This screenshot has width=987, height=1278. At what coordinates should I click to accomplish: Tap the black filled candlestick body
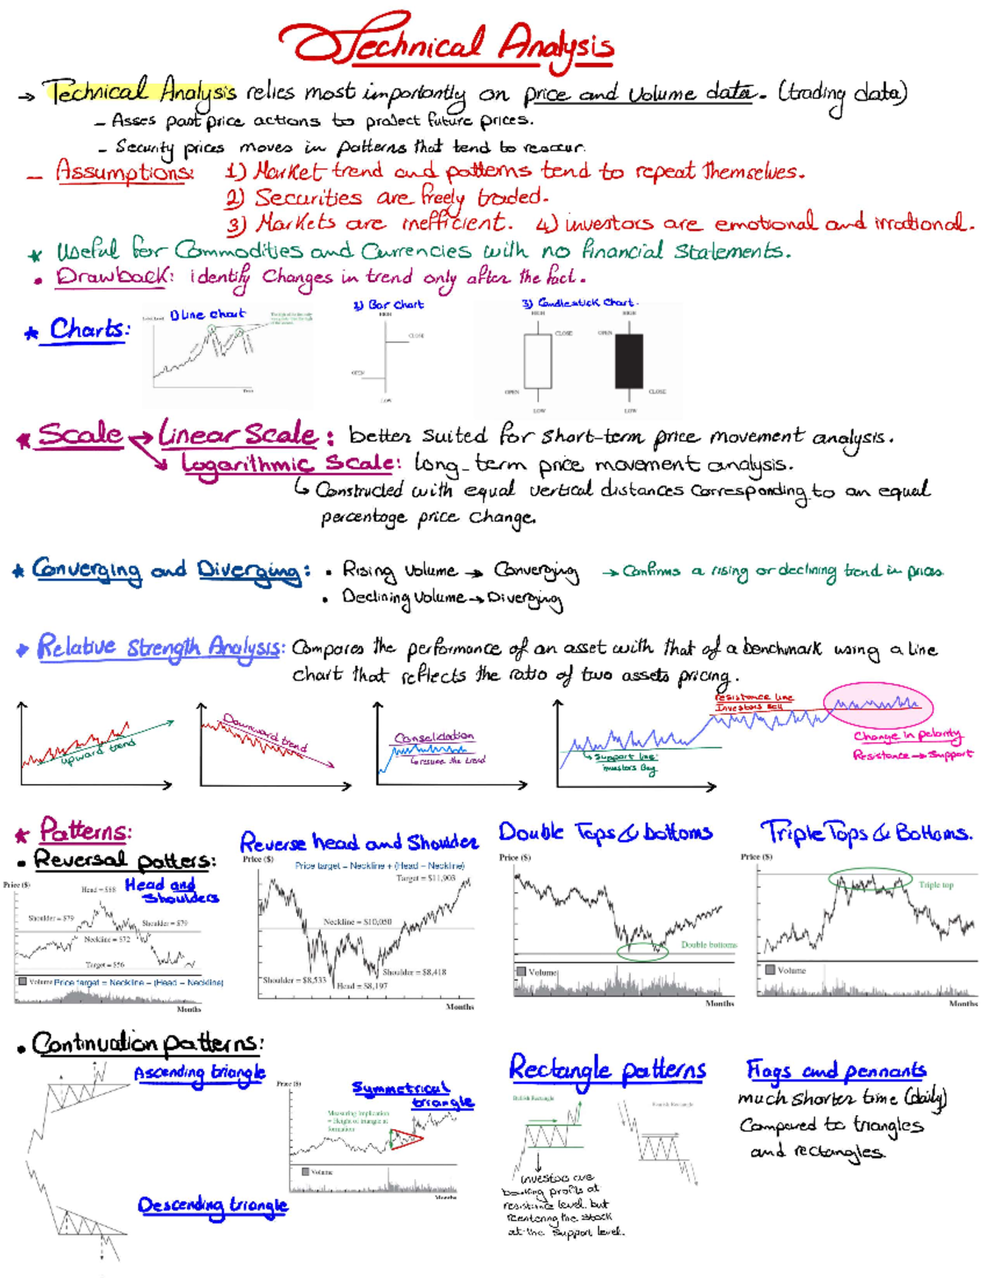[x=629, y=360]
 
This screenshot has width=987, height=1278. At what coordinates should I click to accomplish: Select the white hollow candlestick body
[x=537, y=360]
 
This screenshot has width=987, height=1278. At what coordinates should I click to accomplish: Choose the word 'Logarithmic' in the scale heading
[x=248, y=463]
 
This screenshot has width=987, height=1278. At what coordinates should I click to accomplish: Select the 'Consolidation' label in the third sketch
[x=433, y=737]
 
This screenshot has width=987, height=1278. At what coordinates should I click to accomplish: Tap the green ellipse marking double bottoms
[x=642, y=952]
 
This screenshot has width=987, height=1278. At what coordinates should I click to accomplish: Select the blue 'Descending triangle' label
[x=212, y=1206]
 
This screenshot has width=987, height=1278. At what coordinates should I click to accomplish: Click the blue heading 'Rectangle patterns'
[x=607, y=1070]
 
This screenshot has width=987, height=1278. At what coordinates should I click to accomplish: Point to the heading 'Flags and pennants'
[x=836, y=1071]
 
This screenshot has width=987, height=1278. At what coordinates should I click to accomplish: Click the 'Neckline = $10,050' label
[x=357, y=922]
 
